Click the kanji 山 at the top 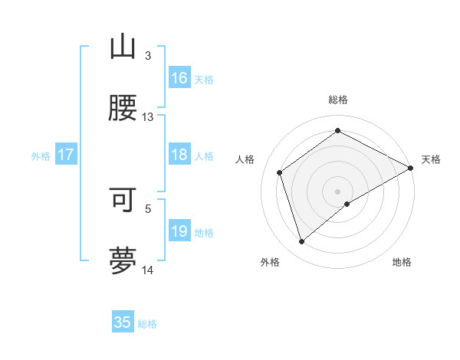(122, 47)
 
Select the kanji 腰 (122, 108)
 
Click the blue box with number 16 (179, 78)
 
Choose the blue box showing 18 (179, 155)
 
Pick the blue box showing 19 (179, 231)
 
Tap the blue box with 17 (65, 155)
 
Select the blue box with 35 (123, 322)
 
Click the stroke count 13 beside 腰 (148, 117)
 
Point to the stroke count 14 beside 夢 (148, 270)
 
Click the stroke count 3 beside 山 (148, 56)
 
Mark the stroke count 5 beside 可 (148, 208)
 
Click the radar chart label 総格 (337, 100)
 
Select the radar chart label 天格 (431, 159)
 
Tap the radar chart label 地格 (402, 262)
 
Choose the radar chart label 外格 (270, 262)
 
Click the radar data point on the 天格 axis (411, 167)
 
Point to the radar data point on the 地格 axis (347, 204)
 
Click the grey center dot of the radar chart (337, 190)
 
